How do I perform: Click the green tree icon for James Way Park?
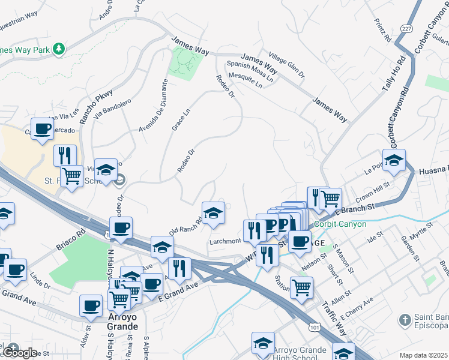tap(59, 49)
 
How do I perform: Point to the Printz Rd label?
tap(382, 31)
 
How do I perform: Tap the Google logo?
tap(20, 353)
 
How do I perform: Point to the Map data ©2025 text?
tap(423, 355)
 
